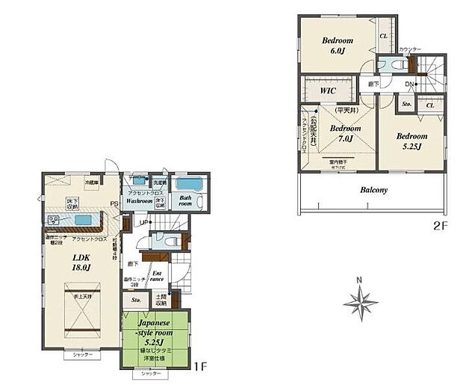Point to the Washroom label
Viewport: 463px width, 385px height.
coord(139,201)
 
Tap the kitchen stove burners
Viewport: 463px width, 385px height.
coord(55,221)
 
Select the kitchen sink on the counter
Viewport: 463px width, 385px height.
coord(83,220)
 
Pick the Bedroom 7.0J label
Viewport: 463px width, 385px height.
coord(340,134)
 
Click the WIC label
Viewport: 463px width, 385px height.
coord(327,90)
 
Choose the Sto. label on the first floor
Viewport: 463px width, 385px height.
coord(136,300)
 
